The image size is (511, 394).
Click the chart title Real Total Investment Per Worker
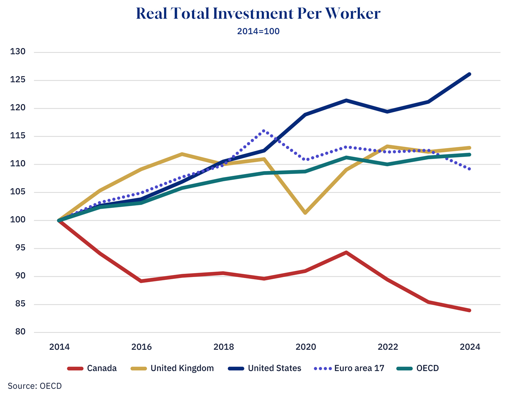click(258, 14)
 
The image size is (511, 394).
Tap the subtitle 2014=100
click(258, 31)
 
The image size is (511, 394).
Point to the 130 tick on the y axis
click(18, 52)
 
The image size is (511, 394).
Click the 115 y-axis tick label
click(18, 136)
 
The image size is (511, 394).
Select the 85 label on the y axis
click(20, 304)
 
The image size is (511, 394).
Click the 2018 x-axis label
click(223, 347)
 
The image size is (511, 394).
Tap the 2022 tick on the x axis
click(388, 347)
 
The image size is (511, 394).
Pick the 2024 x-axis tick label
click(470, 347)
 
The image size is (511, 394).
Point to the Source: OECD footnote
click(35, 386)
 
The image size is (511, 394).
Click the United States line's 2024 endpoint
click(469, 74)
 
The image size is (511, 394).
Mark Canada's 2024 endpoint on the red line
click(469, 310)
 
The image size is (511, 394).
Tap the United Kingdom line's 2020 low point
click(305, 213)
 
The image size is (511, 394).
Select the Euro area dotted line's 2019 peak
click(264, 131)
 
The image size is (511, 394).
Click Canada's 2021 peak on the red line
click(346, 252)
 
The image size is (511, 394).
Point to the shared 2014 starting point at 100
click(59, 220)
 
